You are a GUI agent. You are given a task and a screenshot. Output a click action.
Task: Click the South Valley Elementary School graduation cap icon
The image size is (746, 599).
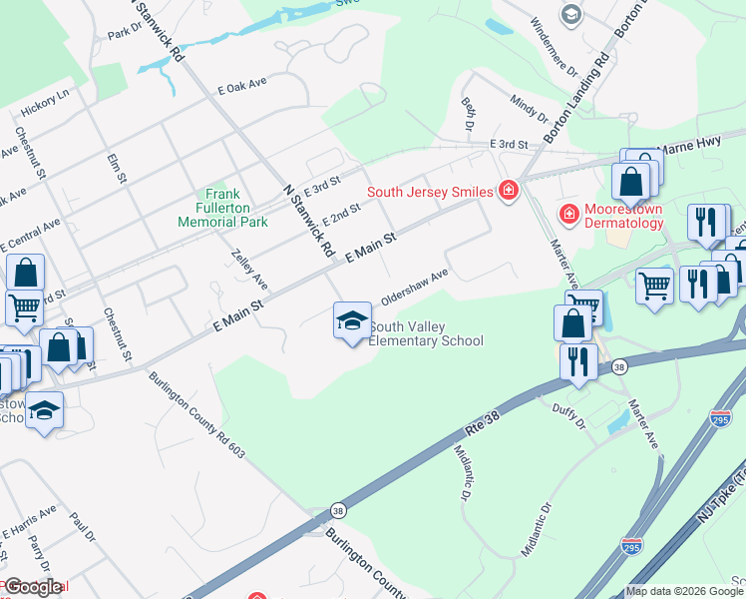pyautogui.click(x=352, y=321)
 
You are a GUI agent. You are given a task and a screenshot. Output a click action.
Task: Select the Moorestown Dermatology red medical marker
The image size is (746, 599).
pyautogui.click(x=568, y=214)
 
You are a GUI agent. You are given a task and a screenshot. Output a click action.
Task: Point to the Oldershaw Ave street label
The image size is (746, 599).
pyautogui.click(x=415, y=288)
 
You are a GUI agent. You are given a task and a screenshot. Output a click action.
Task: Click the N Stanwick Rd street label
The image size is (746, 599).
pyautogui.click(x=308, y=221)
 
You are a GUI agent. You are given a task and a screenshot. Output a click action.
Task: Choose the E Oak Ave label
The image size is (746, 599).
pyautogui.click(x=244, y=90)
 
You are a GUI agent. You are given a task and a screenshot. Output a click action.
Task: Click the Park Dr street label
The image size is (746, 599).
pyautogui.click(x=125, y=33)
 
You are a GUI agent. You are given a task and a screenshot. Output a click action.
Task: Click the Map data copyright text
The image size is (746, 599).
pyautogui.click(x=684, y=591)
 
